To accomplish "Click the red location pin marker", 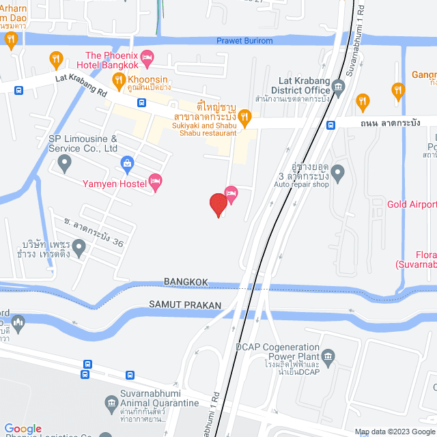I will tap(218, 203).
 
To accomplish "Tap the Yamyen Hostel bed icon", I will tap(156, 182).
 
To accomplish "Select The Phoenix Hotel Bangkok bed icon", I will tap(147, 57).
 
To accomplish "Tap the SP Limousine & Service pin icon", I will tap(65, 163).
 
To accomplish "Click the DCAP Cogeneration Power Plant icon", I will tap(328, 356).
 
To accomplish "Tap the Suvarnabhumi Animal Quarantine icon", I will tap(111, 405).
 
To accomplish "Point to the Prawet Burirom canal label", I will tap(244, 41).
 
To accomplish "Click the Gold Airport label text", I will tap(412, 204).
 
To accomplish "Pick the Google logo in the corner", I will tap(23, 429).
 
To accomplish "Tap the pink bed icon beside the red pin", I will tap(231, 193).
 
